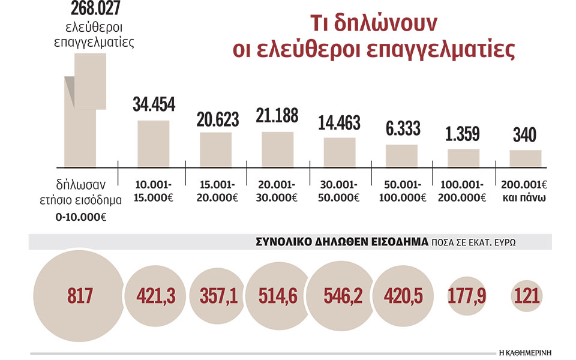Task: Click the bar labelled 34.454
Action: (154, 143)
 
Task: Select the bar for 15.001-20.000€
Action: (215, 149)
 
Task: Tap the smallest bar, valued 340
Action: (526, 158)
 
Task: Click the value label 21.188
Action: (277, 115)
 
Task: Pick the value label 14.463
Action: (340, 122)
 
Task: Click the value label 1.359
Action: (463, 133)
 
